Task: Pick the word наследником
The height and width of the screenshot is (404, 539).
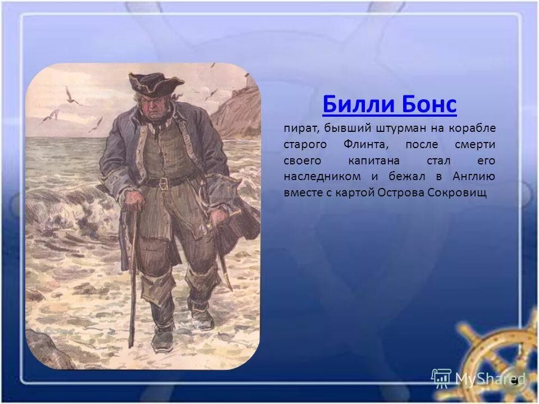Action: click(323, 176)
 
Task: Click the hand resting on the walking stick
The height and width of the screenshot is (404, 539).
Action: click(134, 199)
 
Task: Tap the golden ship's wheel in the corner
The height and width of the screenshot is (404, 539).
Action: click(500, 359)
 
